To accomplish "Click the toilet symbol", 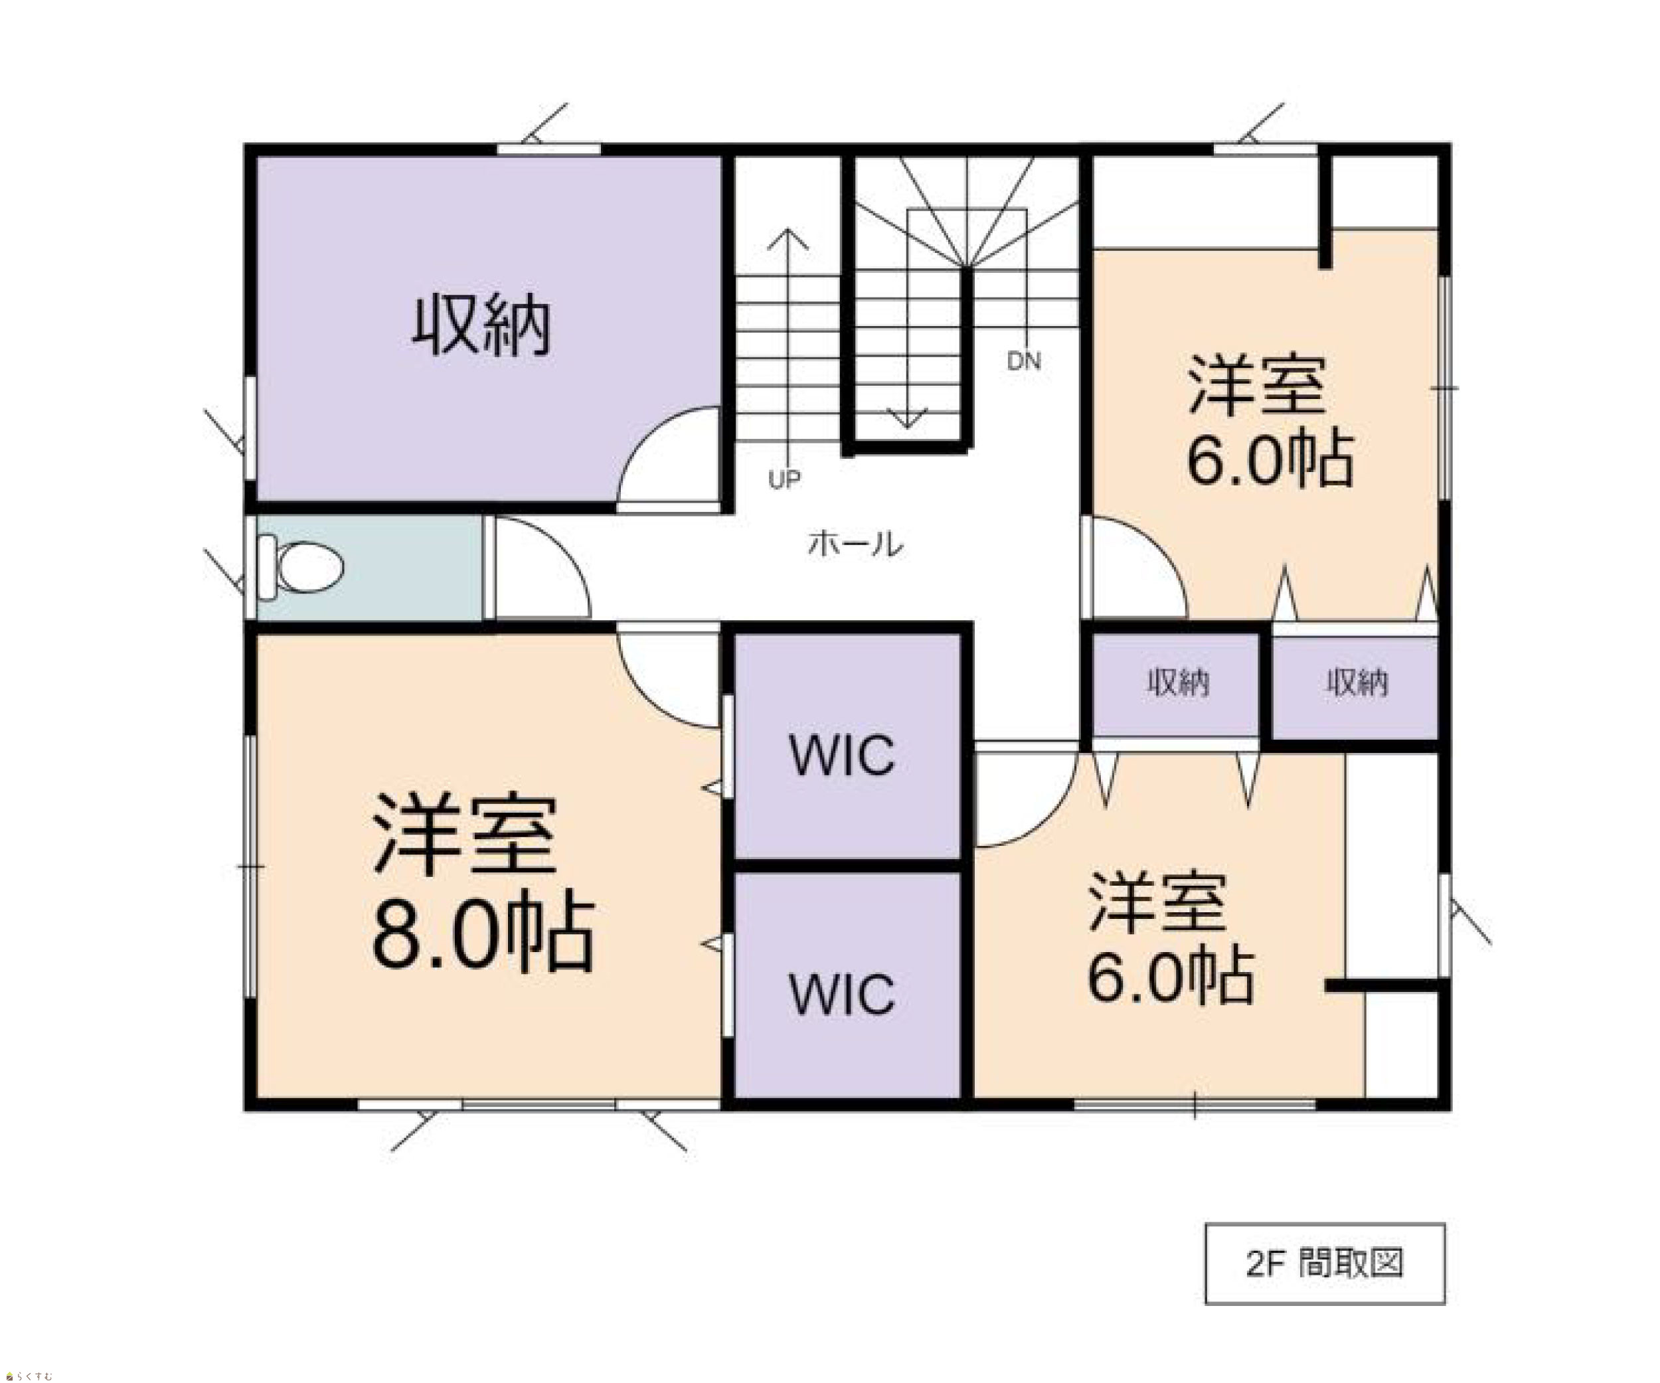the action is [300, 566].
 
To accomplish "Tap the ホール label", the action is [855, 544].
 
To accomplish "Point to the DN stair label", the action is [1024, 361].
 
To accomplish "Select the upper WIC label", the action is [843, 756].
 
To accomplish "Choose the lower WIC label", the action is [843, 994].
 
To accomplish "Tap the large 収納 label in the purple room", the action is [481, 325].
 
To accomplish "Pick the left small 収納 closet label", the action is [1178, 683].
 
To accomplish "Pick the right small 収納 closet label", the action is [1357, 683].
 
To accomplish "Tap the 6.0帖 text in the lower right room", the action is [1171, 977].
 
